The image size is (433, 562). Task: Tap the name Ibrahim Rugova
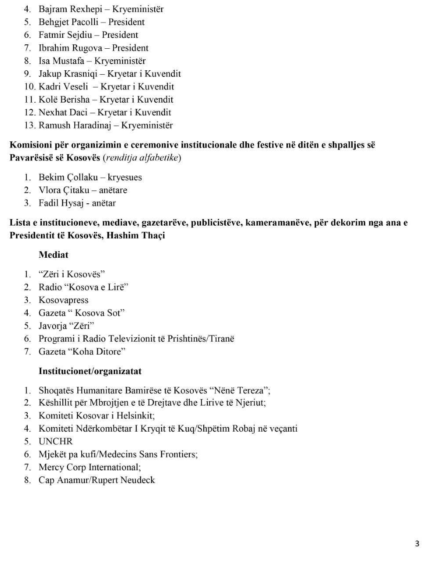tap(70, 48)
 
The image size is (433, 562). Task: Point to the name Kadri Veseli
tap(63, 86)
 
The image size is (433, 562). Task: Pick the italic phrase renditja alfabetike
tap(142, 158)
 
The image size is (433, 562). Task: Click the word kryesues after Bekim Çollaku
tap(125, 177)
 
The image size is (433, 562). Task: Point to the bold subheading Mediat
tap(54, 255)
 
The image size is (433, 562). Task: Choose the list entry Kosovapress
tap(64, 300)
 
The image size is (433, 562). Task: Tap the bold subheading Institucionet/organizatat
tap(90, 371)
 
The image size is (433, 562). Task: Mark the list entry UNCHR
tap(56, 442)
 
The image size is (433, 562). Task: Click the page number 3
tap(417, 544)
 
